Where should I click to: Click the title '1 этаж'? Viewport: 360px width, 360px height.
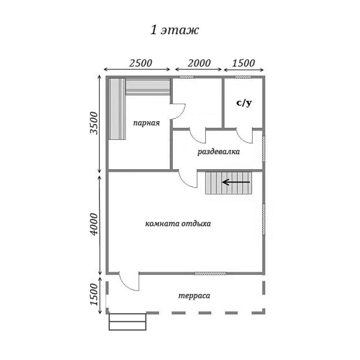point(175,30)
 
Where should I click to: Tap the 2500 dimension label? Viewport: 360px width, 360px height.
point(140,63)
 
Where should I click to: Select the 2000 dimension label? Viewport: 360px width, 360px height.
point(199,63)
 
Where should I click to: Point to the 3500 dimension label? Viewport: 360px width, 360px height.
point(94,123)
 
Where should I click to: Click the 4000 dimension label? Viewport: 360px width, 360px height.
point(94,224)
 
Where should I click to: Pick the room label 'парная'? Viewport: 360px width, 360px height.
point(147,123)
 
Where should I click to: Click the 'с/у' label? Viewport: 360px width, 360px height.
point(244,103)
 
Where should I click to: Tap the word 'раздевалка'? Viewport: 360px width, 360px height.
point(219,152)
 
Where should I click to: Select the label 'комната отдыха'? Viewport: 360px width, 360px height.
point(178,224)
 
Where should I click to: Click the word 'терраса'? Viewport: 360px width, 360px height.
point(194,296)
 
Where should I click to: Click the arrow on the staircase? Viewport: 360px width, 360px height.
point(236,182)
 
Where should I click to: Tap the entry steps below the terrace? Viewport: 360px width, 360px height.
point(127,322)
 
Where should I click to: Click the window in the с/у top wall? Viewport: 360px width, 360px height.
point(243,77)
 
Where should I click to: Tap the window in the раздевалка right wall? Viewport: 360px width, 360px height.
point(264,149)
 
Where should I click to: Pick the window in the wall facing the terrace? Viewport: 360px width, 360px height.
point(210,273)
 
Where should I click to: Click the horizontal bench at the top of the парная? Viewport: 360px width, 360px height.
point(148,87)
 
